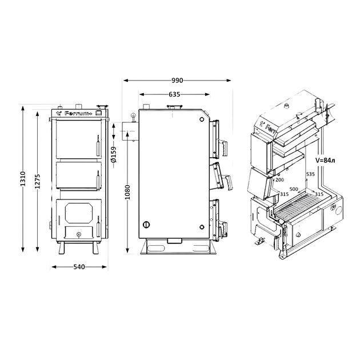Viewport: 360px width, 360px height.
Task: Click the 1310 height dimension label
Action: click(x=23, y=178)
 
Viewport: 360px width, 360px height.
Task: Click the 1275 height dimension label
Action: click(x=38, y=181)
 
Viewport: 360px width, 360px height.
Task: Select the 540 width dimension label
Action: click(x=79, y=267)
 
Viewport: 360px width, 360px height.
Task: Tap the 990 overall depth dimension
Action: click(x=177, y=81)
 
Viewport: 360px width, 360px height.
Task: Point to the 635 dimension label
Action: click(x=174, y=94)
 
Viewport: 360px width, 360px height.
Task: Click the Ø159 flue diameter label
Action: click(x=114, y=154)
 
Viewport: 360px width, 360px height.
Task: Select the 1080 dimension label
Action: click(x=127, y=192)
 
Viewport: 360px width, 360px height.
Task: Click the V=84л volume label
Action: click(x=325, y=161)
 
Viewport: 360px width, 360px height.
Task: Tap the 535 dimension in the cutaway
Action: click(x=310, y=174)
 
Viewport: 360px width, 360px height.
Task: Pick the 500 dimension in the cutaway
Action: click(x=294, y=189)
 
